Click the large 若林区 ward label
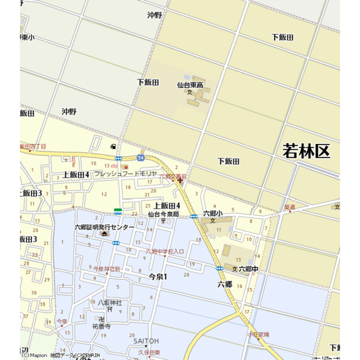tap(306, 152)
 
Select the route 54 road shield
tap(140, 156)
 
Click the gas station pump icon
tap(114, 147)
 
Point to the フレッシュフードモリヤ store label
tap(125, 174)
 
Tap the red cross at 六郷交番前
tap(180, 181)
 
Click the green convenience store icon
tap(118, 211)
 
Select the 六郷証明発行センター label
tap(105, 227)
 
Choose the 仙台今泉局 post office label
tap(163, 213)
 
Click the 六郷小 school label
tap(213, 213)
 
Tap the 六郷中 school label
tap(248, 269)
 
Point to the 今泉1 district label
tap(157, 276)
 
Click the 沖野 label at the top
tap(155, 14)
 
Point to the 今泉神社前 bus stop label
tap(107, 269)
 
